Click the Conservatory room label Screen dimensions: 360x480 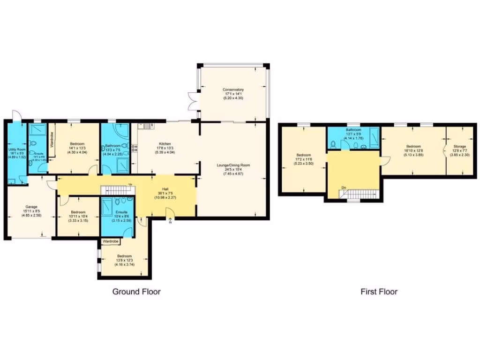tap(233, 90)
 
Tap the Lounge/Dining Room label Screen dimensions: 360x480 tap(233, 165)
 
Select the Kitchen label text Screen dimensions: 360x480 tap(165, 144)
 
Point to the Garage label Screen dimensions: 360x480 tap(31, 207)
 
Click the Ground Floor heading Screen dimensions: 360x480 tap(136, 292)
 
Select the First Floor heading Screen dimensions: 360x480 tap(379, 292)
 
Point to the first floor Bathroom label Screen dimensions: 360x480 tap(353, 130)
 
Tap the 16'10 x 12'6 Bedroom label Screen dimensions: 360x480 tap(413, 146)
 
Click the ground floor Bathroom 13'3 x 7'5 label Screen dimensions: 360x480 tap(112, 146)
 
